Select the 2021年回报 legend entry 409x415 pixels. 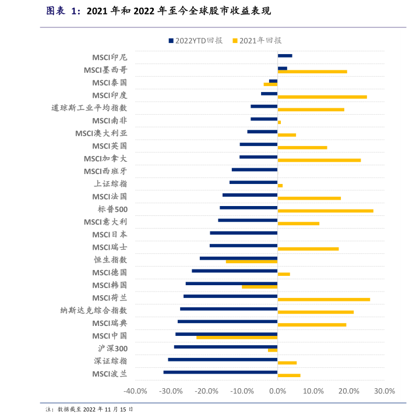257,41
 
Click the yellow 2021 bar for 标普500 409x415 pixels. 325,211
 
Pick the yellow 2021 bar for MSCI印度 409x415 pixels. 322,97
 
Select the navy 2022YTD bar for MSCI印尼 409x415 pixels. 285,56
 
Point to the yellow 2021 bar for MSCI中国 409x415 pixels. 237,338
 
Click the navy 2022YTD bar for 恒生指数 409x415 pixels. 238,258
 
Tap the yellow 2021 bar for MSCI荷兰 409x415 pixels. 323,300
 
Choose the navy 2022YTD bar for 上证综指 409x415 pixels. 253,182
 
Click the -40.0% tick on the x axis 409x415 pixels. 136,391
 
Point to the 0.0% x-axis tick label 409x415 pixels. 277,391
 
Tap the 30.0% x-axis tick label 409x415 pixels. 385,391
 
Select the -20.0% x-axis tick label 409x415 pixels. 207,391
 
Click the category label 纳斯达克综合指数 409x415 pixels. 94,311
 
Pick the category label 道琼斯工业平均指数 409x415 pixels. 89,108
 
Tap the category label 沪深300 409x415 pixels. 112,349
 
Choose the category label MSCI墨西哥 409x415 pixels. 105,70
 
